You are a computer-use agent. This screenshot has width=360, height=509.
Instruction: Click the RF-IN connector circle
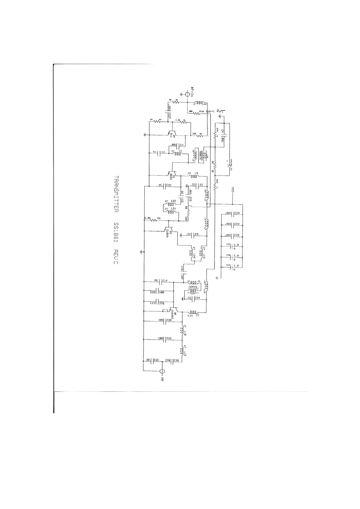coord(188,94)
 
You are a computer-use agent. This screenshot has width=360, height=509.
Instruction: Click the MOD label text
coord(233,190)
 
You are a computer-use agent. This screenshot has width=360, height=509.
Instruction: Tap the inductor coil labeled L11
coord(192,312)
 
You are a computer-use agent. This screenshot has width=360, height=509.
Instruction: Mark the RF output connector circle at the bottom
coord(162,371)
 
